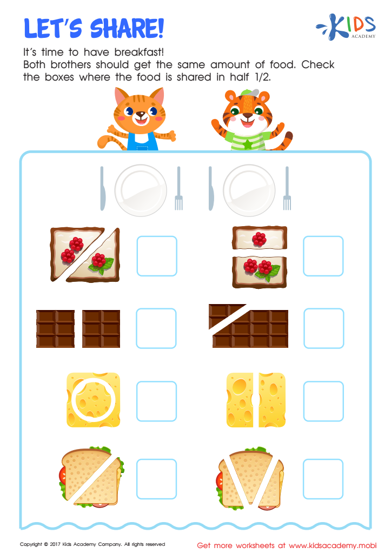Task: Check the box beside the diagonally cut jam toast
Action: pyautogui.click(x=157, y=256)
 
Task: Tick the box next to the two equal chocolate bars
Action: pyautogui.click(x=156, y=328)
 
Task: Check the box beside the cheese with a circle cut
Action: pyautogui.click(x=156, y=401)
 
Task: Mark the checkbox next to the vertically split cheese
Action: pyautogui.click(x=323, y=401)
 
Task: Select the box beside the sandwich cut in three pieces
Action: pyautogui.click(x=323, y=479)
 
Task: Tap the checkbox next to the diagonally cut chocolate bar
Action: pyautogui.click(x=324, y=328)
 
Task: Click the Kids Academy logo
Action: pyautogui.click(x=346, y=27)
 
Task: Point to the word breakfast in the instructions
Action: pyautogui.click(x=139, y=52)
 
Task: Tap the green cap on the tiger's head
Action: pyautogui.click(x=250, y=93)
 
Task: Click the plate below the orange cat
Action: pyautogui.click(x=141, y=190)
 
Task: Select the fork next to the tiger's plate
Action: pyautogui.click(x=287, y=188)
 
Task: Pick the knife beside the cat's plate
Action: pyautogui.click(x=102, y=188)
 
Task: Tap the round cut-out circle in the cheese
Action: pyautogui.click(x=94, y=400)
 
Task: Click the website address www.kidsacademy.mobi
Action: pyautogui.click(x=333, y=545)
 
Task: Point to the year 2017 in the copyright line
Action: pyautogui.click(x=55, y=544)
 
